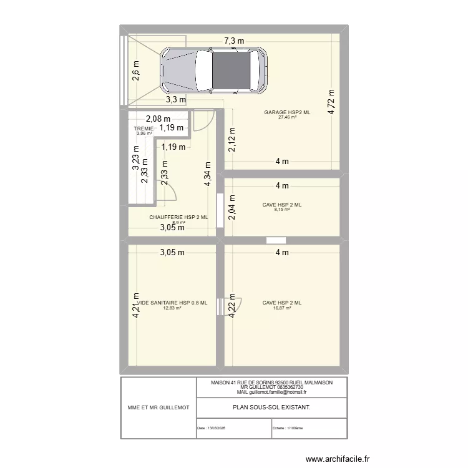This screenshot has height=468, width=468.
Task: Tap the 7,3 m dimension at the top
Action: [x=234, y=42]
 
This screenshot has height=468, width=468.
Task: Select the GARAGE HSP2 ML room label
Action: [x=286, y=112]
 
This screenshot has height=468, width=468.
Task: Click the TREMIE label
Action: [x=144, y=129]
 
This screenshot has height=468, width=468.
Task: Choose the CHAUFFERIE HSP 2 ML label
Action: [x=178, y=217]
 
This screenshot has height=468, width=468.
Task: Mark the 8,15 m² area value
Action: [x=282, y=210]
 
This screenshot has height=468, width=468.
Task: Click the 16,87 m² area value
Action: [x=282, y=308]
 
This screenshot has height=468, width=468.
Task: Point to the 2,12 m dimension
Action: [x=232, y=140]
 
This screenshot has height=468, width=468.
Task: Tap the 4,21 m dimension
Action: [x=135, y=306]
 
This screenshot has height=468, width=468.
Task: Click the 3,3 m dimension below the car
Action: [x=175, y=99]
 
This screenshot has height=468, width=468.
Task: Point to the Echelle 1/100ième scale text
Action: [x=287, y=428]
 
